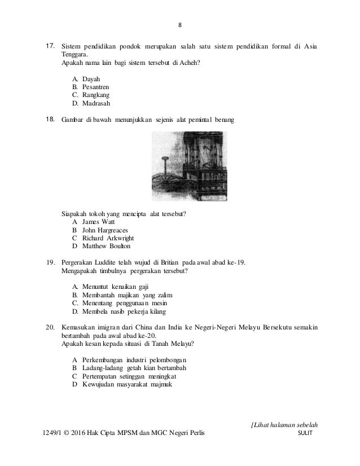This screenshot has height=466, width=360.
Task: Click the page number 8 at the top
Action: tap(180, 24)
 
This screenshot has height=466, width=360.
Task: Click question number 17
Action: tap(49, 45)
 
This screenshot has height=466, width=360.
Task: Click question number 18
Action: tap(49, 120)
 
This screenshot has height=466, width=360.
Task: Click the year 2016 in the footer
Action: tap(91, 433)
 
